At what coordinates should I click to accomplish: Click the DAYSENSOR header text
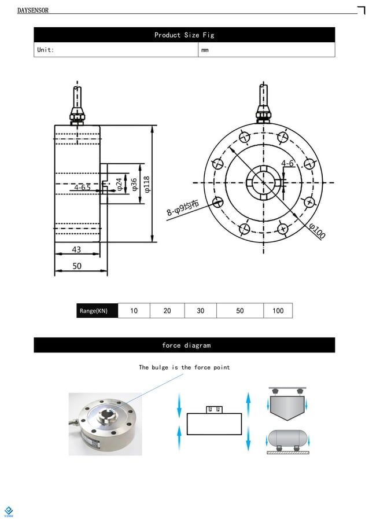pyautogui.click(x=33, y=10)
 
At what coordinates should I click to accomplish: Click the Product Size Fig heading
pyautogui.click(x=184, y=35)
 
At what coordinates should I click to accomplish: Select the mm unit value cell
pyautogui.click(x=205, y=50)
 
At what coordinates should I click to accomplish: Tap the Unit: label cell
pyautogui.click(x=46, y=50)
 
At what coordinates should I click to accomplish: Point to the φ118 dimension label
pyautogui.click(x=147, y=183)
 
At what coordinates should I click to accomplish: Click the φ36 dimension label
pyautogui.click(x=134, y=185)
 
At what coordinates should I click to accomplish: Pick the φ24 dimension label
pyautogui.click(x=119, y=185)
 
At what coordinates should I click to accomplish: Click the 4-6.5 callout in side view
pyautogui.click(x=82, y=188)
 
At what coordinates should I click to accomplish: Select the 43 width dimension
pyautogui.click(x=76, y=249)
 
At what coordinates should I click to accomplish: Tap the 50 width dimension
pyautogui.click(x=77, y=266)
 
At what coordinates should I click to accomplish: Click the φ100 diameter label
pyautogui.click(x=317, y=230)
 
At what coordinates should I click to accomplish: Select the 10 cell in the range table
pyautogui.click(x=134, y=311)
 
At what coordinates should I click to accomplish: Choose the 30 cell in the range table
pyautogui.click(x=200, y=311)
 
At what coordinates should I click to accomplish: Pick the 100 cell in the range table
pyautogui.click(x=278, y=311)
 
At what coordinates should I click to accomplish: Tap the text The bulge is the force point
pyautogui.click(x=184, y=367)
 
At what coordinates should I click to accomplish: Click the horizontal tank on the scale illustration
pyautogui.click(x=287, y=439)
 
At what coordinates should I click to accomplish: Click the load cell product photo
pyautogui.click(x=105, y=424)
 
